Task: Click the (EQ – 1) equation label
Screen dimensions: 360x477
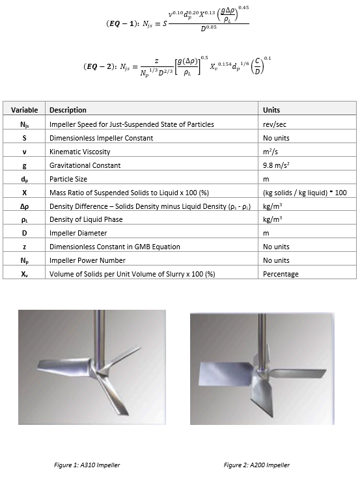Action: pyautogui.click(x=122, y=23)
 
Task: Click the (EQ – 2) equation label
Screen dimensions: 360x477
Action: pyautogui.click(x=100, y=66)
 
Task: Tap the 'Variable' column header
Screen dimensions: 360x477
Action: pyautogui.click(x=24, y=110)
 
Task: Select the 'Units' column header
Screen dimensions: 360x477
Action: pyautogui.click(x=271, y=110)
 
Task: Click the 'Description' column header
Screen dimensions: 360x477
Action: pyautogui.click(x=68, y=110)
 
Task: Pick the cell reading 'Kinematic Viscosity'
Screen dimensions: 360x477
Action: pyautogui.click(x=79, y=152)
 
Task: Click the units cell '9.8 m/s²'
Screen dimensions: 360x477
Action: pyautogui.click(x=276, y=165)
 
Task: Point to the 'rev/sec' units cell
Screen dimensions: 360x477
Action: pyautogui.click(x=275, y=124)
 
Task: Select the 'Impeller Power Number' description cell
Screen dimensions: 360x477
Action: pyautogui.click(x=87, y=260)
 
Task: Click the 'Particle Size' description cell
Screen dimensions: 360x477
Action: pyautogui.click(x=68, y=179)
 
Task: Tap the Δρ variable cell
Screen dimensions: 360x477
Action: pyautogui.click(x=24, y=206)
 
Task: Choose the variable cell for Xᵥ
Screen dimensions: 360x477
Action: pyautogui.click(x=24, y=274)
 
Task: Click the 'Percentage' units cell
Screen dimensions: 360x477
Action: pyautogui.click(x=281, y=274)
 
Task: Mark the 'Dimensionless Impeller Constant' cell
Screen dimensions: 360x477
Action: pyautogui.click(x=101, y=138)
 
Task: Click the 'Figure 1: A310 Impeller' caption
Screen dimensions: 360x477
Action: pyautogui.click(x=87, y=465)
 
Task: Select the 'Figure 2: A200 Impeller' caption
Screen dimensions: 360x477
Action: pyautogui.click(x=256, y=465)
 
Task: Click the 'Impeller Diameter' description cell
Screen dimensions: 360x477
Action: pyautogui.click(x=78, y=233)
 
